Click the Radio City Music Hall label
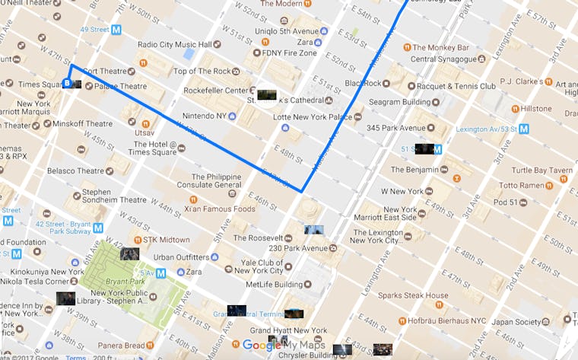[x=174, y=44]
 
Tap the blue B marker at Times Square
[x=67, y=83]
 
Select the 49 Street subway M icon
[x=116, y=30]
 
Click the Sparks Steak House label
[x=414, y=295]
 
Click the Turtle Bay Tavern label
[x=541, y=170]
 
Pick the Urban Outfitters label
[x=181, y=257]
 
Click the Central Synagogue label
[x=445, y=59]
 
